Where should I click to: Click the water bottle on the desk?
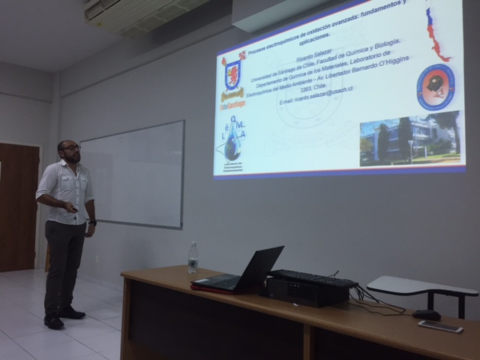193,258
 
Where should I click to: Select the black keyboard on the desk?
313,278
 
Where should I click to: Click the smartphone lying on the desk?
440,326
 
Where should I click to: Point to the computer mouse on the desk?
427,315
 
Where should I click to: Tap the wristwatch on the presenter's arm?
92,221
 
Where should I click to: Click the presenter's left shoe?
54,321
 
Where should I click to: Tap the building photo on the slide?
409,139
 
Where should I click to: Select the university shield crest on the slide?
232,75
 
